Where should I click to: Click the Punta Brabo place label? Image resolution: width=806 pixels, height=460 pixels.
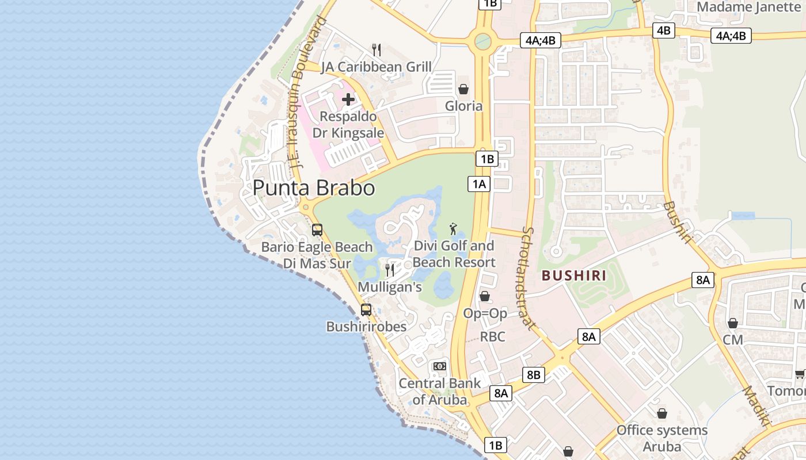314,188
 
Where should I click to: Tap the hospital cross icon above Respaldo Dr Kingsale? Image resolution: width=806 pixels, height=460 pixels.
348,99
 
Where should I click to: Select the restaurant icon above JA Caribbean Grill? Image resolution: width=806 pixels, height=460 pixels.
377,50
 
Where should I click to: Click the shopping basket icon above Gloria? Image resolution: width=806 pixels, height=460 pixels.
463,89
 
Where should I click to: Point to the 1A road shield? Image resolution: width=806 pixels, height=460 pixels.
478,184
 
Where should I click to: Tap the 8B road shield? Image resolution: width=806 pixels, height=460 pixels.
533,375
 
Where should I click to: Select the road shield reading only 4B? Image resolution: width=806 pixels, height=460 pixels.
663,30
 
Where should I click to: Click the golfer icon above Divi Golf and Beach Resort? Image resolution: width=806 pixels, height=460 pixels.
454,229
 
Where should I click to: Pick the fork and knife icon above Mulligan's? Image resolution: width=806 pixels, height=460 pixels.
390,270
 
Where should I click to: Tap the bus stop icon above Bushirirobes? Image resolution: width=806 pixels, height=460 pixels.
366,309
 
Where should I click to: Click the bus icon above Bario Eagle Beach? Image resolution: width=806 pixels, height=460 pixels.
317,230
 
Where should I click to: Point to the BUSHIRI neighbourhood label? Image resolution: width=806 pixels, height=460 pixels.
574,275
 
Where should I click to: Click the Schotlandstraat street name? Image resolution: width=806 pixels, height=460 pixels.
529,278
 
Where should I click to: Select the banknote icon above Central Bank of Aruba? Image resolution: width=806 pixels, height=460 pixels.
440,366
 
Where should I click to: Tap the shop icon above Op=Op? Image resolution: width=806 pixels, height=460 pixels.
485,296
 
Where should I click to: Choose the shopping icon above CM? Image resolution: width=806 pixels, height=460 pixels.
733,323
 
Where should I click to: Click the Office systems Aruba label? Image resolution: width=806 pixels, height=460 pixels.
661,438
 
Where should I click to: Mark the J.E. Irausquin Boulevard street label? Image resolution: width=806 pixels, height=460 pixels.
304,92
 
